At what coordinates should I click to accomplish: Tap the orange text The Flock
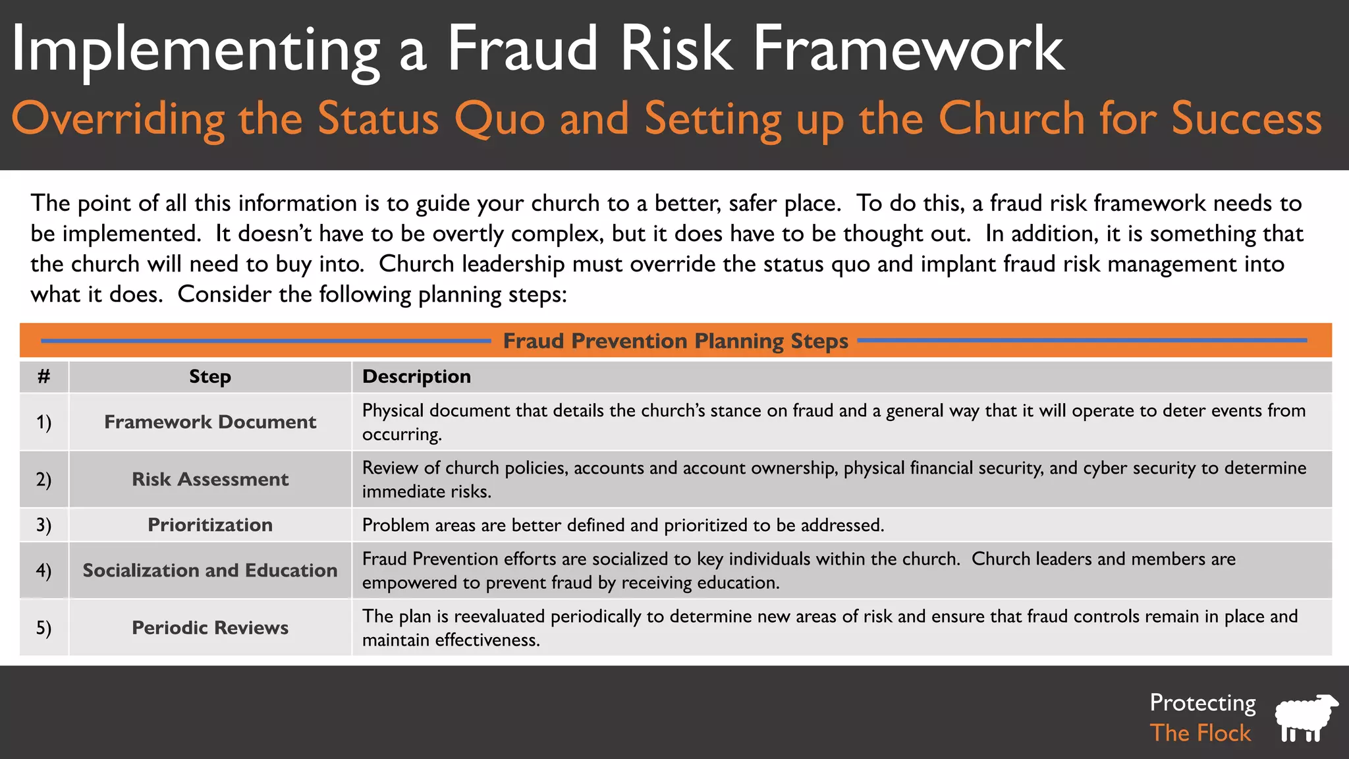(x=1200, y=733)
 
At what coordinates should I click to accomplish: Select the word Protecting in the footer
(x=1203, y=702)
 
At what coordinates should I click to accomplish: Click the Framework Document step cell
(x=210, y=422)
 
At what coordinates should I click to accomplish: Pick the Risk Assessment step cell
(x=210, y=479)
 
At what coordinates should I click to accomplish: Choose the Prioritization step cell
(x=210, y=524)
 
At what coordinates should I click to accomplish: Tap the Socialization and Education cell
(x=210, y=570)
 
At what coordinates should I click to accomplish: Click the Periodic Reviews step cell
(x=210, y=627)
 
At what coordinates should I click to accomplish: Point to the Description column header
(x=416, y=376)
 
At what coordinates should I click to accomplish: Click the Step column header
(x=210, y=376)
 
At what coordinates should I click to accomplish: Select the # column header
(x=43, y=376)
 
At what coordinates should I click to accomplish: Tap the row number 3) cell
(x=43, y=524)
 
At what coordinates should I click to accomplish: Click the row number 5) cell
(x=43, y=627)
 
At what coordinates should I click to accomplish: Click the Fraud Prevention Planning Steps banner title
(x=675, y=341)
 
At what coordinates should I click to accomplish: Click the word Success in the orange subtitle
(x=1246, y=119)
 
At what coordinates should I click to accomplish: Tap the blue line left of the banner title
(x=266, y=341)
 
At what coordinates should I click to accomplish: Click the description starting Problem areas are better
(x=622, y=525)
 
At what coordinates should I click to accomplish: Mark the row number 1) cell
(x=43, y=422)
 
